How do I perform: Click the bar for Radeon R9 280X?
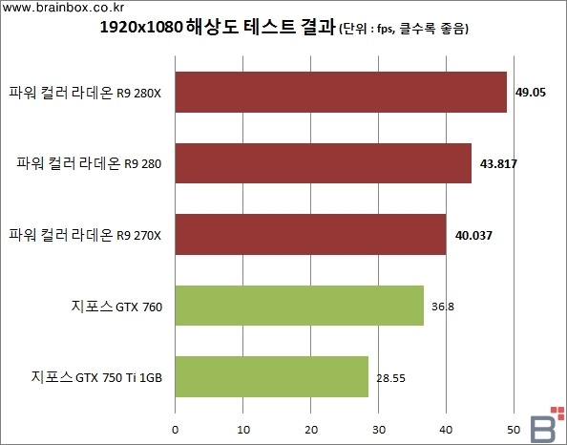pyautogui.click(x=341, y=93)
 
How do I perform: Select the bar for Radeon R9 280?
pyautogui.click(x=324, y=163)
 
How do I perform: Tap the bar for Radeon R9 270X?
pyautogui.click(x=310, y=235)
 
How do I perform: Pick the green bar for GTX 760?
pyautogui.click(x=300, y=306)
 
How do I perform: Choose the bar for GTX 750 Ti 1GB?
pyautogui.click(x=272, y=376)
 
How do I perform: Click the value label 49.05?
pyautogui.click(x=531, y=93)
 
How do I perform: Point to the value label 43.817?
pyautogui.click(x=498, y=164)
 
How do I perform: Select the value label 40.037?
pyautogui.click(x=473, y=236)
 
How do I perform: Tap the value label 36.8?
pyautogui.click(x=443, y=307)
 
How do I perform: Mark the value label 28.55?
pyautogui.click(x=391, y=378)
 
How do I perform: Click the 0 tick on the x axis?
pyautogui.click(x=176, y=430)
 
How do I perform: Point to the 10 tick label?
pyautogui.click(x=243, y=430)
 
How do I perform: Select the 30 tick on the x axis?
pyautogui.click(x=379, y=430)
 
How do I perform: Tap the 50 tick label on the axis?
pyautogui.click(x=514, y=430)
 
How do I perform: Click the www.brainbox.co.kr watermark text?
pyautogui.click(x=63, y=8)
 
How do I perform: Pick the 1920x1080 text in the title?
pyautogui.click(x=140, y=28)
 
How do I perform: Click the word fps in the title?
pyautogui.click(x=385, y=29)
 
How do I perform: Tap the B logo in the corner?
pyautogui.click(x=546, y=425)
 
